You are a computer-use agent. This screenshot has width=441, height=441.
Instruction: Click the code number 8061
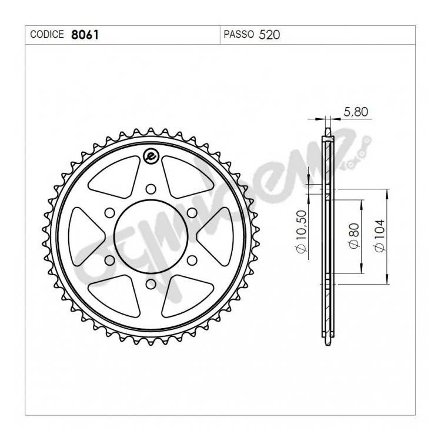click(x=85, y=35)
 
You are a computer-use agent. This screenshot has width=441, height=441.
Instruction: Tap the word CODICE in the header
click(x=47, y=34)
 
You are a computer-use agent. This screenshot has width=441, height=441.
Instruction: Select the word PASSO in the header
click(x=239, y=34)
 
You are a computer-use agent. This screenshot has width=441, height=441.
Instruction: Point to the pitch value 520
click(x=269, y=35)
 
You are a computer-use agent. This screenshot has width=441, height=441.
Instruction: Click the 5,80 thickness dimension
click(x=356, y=112)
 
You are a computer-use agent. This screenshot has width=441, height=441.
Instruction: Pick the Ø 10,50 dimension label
click(x=300, y=232)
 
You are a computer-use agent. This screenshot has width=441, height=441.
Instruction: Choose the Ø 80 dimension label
click(x=355, y=236)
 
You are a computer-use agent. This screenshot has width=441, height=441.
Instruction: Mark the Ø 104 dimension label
click(x=379, y=236)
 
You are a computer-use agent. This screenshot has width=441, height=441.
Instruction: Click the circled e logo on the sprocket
click(x=151, y=156)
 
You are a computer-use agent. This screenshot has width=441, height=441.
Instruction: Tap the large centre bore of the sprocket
click(x=151, y=236)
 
